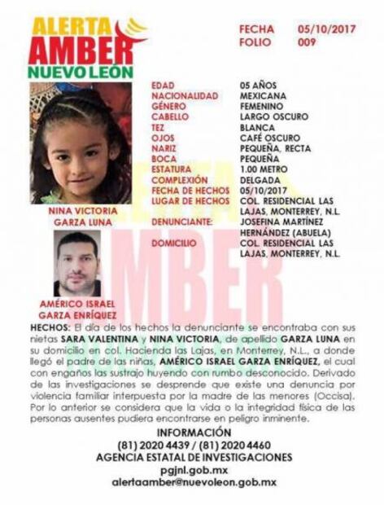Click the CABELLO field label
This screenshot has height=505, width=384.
169,117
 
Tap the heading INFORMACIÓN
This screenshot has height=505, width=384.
192,432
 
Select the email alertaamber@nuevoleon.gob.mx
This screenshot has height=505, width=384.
193,482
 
